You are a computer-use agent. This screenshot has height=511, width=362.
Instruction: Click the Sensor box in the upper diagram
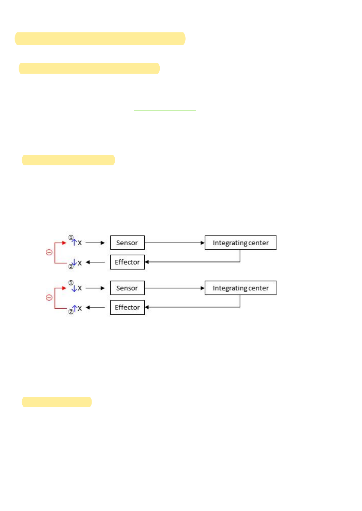(x=127, y=243)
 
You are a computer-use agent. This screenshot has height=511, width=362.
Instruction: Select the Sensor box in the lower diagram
(x=127, y=288)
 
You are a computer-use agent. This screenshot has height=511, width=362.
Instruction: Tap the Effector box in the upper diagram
(x=127, y=262)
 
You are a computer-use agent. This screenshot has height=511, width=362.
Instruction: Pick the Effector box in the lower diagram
(x=127, y=307)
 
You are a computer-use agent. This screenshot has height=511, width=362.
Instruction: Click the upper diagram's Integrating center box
(x=240, y=243)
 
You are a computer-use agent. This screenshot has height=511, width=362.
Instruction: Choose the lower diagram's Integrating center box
(x=240, y=288)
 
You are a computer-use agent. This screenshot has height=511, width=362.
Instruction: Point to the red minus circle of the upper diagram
(x=49, y=252)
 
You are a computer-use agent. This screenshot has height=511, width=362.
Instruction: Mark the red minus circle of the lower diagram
(x=49, y=298)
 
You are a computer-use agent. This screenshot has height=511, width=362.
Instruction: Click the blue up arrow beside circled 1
(x=74, y=242)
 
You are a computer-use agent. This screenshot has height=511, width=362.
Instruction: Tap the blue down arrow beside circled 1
(x=74, y=288)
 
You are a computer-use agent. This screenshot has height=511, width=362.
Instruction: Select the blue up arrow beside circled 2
(x=74, y=308)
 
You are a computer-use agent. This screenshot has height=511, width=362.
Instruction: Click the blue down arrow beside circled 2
(x=74, y=263)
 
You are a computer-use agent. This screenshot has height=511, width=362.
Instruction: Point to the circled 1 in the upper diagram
(x=71, y=237)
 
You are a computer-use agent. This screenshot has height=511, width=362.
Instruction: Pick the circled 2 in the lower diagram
(x=71, y=312)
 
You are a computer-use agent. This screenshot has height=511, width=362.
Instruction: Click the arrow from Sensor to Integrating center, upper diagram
(x=174, y=243)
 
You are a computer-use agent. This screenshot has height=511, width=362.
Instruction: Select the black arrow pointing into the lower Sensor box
(x=96, y=288)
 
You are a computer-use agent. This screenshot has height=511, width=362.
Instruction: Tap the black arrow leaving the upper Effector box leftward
(x=96, y=262)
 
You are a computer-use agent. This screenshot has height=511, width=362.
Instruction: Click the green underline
(x=165, y=110)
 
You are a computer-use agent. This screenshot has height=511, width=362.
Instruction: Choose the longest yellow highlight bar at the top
(x=100, y=38)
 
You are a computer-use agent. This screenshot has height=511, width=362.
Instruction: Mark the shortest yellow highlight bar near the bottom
(x=57, y=402)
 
